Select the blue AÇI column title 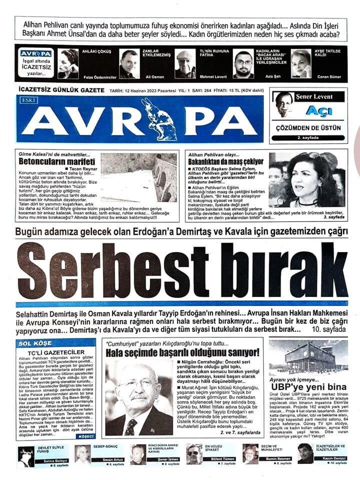coord(318,110)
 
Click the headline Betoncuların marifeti coord(56,162)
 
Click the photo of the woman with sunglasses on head coord(308,179)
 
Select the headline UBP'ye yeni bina coord(308,387)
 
